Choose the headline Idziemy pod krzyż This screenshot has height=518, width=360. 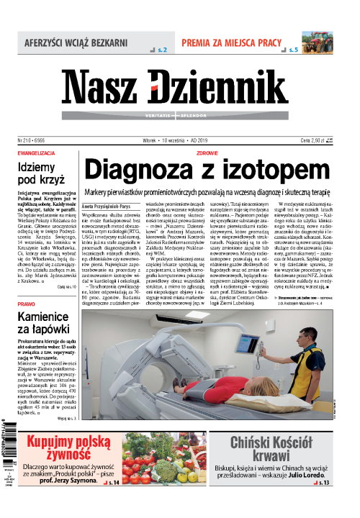click(39, 176)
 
